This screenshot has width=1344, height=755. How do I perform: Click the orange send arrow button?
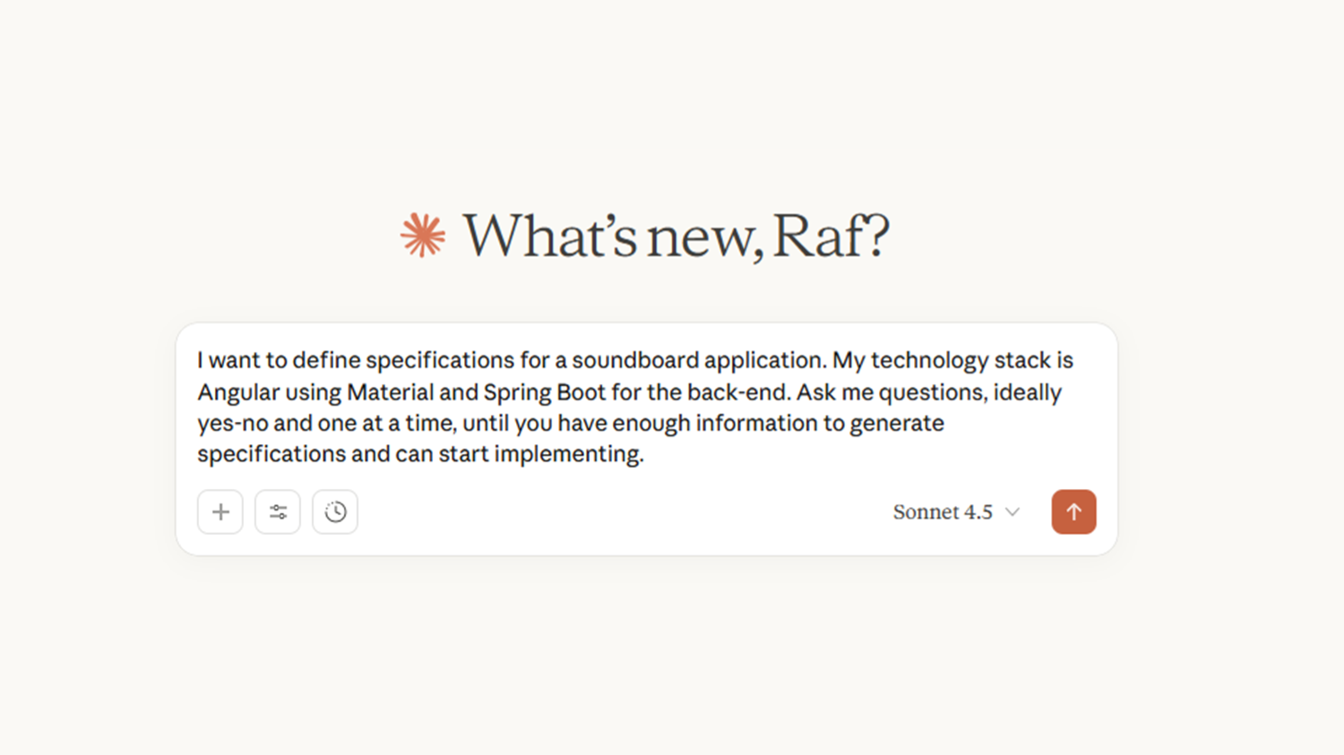point(1073,511)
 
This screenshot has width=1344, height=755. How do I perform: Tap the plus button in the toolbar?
point(220,511)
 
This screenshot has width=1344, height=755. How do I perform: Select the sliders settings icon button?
point(277,511)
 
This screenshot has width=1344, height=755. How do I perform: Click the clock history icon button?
point(335,511)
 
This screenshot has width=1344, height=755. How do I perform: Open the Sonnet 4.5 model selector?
point(956,512)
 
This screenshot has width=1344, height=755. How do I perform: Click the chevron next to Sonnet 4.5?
point(1012,512)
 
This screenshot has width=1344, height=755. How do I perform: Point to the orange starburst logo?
point(423,235)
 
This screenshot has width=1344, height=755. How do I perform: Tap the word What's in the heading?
point(549,236)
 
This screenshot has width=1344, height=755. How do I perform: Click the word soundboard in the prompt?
point(635,360)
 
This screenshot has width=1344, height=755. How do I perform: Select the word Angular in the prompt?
point(239,393)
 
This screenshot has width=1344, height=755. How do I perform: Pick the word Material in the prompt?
point(390,392)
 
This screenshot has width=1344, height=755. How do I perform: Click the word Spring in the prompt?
point(517,393)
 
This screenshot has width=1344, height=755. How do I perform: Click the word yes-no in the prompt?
point(233,424)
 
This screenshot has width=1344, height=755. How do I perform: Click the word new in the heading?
point(698,240)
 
